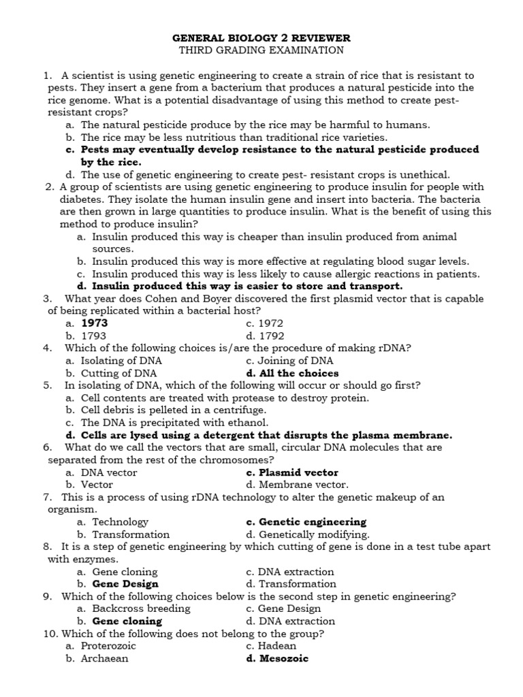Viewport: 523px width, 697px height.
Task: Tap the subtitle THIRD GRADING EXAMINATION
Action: (261, 50)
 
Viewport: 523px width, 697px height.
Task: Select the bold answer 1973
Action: (95, 323)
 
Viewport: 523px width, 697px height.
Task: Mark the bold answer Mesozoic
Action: (283, 658)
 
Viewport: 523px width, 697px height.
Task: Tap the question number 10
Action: (50, 634)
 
